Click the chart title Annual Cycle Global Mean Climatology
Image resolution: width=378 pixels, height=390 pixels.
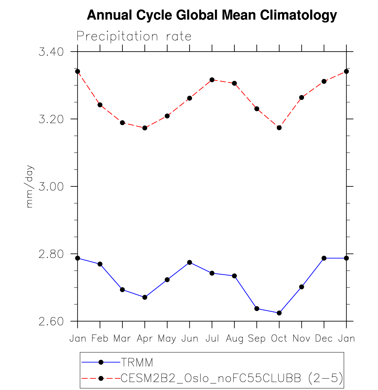coord(212,15)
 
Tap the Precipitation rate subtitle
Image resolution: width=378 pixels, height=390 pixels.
coord(134,37)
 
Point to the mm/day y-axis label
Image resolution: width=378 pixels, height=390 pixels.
coord(30,186)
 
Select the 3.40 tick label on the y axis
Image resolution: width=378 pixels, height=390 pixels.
coord(51,52)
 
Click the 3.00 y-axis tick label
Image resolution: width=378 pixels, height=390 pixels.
coord(51,187)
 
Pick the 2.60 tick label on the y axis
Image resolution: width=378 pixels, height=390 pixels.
coord(51,321)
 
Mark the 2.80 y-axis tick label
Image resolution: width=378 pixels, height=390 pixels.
coord(51,254)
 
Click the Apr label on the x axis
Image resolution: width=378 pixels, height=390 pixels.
coord(145,339)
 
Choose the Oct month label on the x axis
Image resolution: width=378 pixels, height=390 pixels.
coord(279,339)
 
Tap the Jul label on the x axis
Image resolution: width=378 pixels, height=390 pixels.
coord(212,339)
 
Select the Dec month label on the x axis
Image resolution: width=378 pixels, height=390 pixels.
coord(324,339)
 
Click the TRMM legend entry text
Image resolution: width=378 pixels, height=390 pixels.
coord(137,363)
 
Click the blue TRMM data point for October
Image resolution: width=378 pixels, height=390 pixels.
coord(279,313)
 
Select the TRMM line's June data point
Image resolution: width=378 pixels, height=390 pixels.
coord(190,262)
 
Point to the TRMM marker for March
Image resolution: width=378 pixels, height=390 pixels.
coord(122,290)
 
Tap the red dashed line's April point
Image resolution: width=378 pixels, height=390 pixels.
coord(145,128)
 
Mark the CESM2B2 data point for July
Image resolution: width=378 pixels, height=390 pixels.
coord(212,80)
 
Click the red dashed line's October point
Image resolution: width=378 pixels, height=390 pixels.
coord(279,128)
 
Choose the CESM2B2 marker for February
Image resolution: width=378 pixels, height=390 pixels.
coord(100,105)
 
